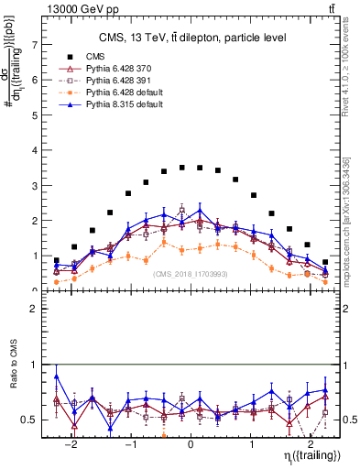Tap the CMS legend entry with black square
click(x=95, y=57)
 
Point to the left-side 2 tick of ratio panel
click(x=35, y=310)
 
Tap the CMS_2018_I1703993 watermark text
click(x=191, y=273)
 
